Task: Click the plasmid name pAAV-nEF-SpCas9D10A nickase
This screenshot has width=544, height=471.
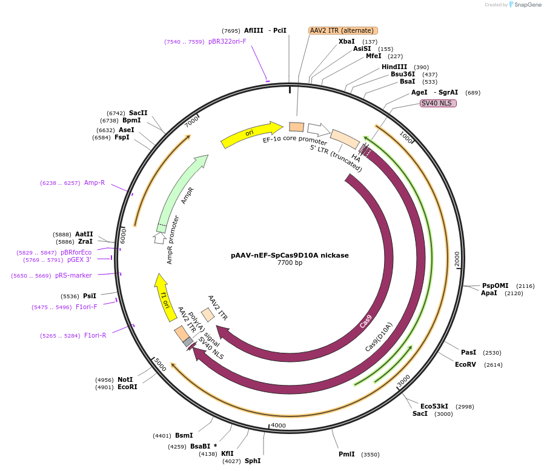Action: [x=290, y=255]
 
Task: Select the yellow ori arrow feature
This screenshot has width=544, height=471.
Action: [x=251, y=134]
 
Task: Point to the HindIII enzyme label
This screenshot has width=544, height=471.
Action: [x=394, y=67]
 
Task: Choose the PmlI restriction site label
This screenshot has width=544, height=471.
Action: [x=347, y=454]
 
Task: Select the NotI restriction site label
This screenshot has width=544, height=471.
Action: [x=125, y=379]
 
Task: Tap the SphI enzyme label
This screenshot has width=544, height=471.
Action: [x=253, y=461]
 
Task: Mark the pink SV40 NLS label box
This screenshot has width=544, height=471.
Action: [x=438, y=103]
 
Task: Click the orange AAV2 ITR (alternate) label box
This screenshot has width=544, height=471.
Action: [x=343, y=30]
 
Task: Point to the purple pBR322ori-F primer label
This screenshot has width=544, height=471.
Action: [x=227, y=42]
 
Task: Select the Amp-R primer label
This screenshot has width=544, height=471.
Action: [x=95, y=182]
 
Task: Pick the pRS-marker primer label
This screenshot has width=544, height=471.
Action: [x=73, y=275]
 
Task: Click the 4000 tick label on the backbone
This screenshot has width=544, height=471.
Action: [x=278, y=426]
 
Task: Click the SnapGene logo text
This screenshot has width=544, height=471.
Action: [x=525, y=5]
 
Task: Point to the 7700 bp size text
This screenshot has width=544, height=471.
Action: [x=290, y=263]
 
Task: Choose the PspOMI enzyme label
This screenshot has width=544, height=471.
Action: [x=495, y=286]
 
